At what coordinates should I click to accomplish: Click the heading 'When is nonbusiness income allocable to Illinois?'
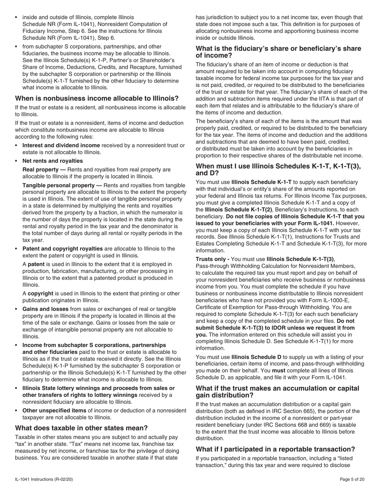point(97,99)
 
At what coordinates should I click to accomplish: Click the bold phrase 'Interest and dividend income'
point(61,145)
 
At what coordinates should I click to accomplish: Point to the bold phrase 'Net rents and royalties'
point(53,161)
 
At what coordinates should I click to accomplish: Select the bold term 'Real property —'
point(44,170)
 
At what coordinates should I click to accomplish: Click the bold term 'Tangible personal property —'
point(62,185)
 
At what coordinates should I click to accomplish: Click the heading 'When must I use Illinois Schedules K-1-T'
point(278,170)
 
